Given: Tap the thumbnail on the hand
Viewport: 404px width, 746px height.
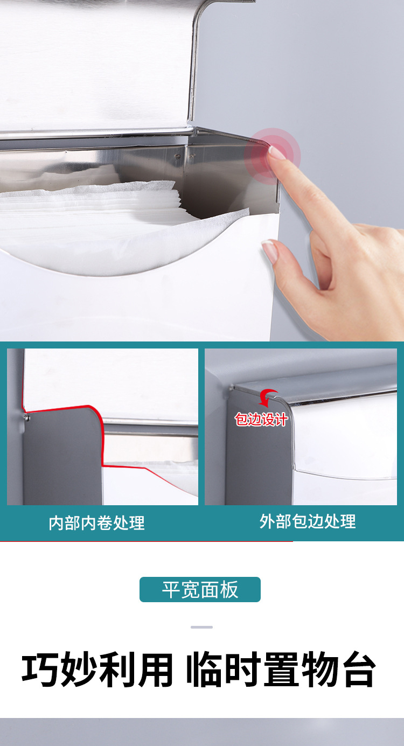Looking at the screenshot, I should pos(270,250).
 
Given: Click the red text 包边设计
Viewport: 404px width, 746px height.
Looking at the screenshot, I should pos(261,419).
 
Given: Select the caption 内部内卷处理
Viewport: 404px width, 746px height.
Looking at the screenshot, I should pos(97,522).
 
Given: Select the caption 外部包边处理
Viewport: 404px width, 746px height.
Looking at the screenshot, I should pos(308,521).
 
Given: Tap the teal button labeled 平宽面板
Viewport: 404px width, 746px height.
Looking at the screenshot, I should pos(200,589).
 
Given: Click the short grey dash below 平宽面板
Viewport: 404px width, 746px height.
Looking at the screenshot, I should pos(201,627).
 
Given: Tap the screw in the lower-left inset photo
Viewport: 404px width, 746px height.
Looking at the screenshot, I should pos(26,417).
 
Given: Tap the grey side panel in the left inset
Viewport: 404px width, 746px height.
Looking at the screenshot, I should pos(62,458).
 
